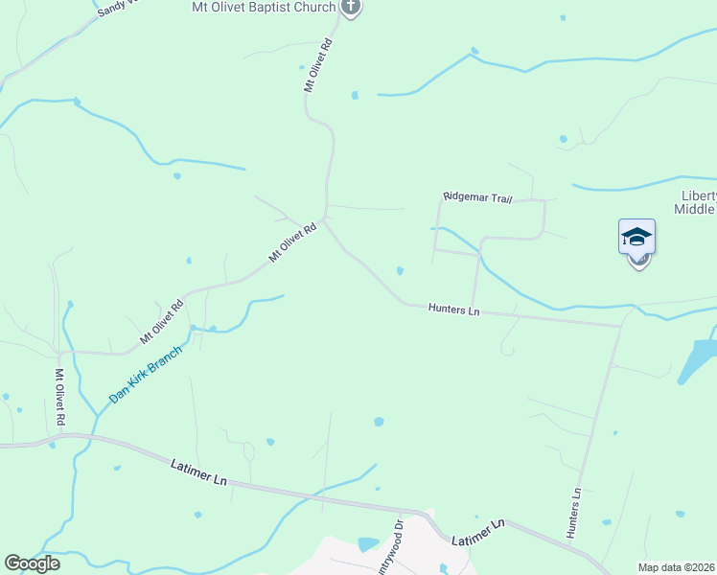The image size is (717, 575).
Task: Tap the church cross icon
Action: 351,9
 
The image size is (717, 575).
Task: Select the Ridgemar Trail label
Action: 477,197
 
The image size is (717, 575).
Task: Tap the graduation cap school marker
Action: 636,237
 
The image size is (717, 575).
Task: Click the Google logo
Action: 32,563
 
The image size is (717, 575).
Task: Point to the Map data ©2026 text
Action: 676,567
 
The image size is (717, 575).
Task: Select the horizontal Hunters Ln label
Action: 453,310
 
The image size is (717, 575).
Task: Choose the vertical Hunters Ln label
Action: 574,514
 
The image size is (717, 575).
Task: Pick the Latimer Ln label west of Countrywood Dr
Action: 198,471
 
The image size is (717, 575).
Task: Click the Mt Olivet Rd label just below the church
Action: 318,65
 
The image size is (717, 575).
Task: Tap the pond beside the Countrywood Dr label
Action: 367,544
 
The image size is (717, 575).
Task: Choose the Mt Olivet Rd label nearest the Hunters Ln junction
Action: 292,243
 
